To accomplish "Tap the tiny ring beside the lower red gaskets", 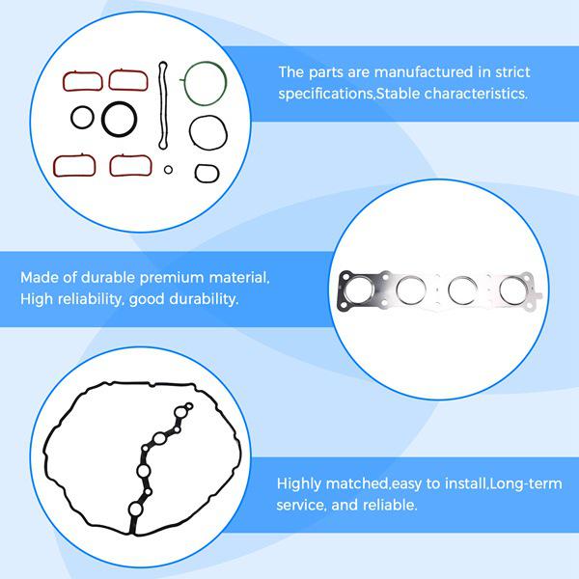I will coord(168,170).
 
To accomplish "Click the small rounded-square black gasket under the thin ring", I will coord(207,175).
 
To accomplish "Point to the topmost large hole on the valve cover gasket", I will coord(179,416).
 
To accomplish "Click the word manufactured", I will coord(378,72).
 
